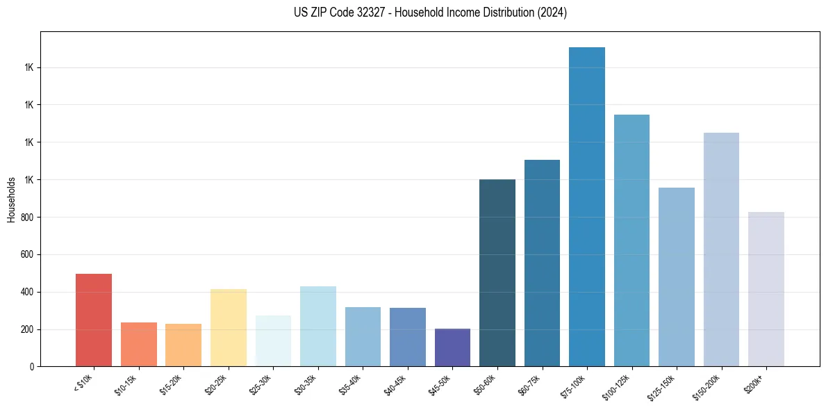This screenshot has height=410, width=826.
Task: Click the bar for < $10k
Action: (x=94, y=320)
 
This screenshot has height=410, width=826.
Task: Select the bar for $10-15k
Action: (x=139, y=344)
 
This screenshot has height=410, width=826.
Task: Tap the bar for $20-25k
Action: (x=229, y=327)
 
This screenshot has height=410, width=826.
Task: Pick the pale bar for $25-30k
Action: (x=273, y=341)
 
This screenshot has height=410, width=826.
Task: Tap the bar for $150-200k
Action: (x=721, y=249)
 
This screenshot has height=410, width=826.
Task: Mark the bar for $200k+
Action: (x=766, y=289)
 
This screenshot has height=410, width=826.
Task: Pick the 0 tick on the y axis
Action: (x=32, y=366)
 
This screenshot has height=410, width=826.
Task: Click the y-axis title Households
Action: (x=11, y=199)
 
